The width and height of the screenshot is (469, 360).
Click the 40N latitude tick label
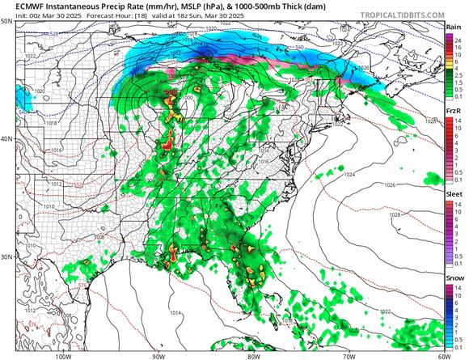coord(6,139)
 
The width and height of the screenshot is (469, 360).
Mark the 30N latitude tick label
coord(6,257)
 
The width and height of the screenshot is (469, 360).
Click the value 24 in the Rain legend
coord(459,38)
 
